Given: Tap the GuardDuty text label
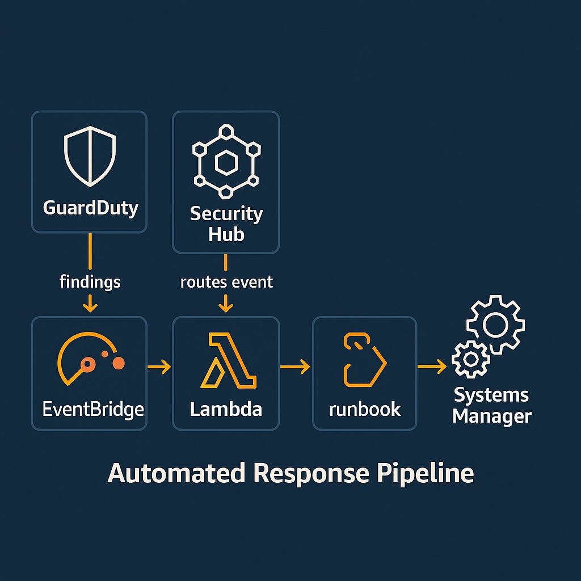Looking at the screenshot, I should click(90, 208).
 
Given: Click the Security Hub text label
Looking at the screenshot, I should click(226, 224).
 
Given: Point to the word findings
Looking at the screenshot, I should click(90, 281).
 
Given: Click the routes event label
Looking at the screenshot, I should click(226, 281).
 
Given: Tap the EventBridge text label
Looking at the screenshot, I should click(93, 409).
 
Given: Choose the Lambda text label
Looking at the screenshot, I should click(226, 409).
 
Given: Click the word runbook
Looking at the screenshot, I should click(365, 409).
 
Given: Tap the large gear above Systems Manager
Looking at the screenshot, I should click(495, 325).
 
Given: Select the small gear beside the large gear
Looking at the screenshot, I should click(470, 359).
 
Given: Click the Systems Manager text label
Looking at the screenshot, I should click(491, 406).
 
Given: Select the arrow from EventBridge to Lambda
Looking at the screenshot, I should click(159, 368).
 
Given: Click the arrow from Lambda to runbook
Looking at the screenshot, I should click(295, 368).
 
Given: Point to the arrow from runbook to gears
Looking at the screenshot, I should click(432, 368).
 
